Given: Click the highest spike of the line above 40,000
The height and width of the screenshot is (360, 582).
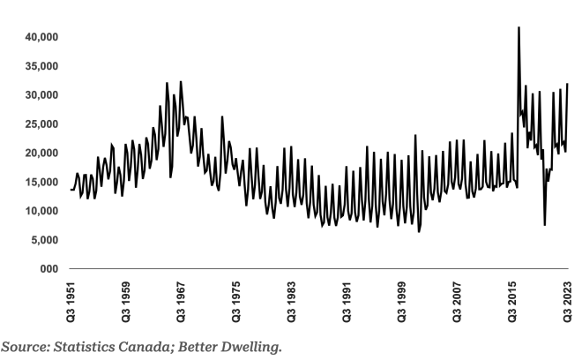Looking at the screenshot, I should click(519, 28).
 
